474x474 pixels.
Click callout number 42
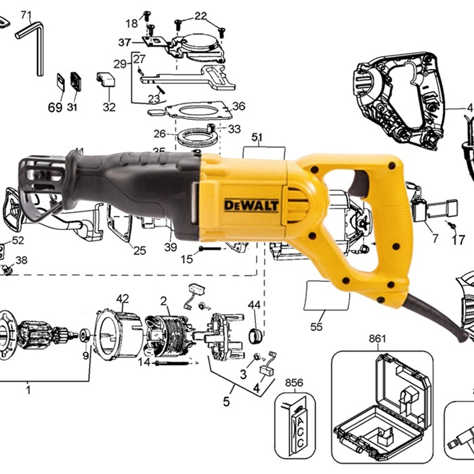123,298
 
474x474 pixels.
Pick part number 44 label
254,305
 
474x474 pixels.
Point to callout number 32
108,107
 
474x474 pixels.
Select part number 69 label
54,107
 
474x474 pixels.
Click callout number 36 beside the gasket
238,106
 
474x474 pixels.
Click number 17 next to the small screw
458,239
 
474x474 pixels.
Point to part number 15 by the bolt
188,257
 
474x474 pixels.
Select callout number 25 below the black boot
139,251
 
